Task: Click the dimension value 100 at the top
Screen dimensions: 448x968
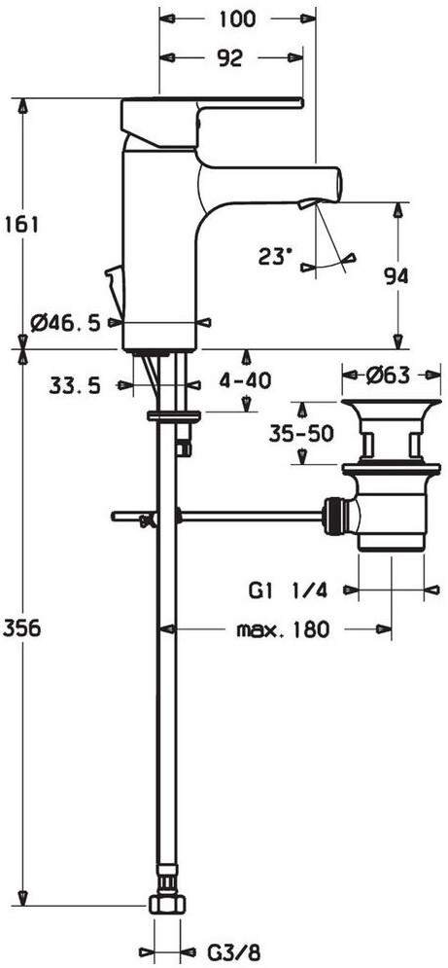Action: tap(237, 19)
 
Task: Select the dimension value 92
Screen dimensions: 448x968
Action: tap(230, 58)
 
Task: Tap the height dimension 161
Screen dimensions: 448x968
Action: tap(21, 224)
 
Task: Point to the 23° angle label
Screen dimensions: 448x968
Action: tap(275, 256)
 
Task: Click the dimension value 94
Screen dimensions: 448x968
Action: tap(396, 276)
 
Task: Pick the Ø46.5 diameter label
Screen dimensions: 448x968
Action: tap(65, 322)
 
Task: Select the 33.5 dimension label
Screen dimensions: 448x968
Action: tap(75, 386)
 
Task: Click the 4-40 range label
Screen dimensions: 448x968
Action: tap(245, 381)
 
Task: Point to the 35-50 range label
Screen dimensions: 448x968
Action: tap(294, 434)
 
